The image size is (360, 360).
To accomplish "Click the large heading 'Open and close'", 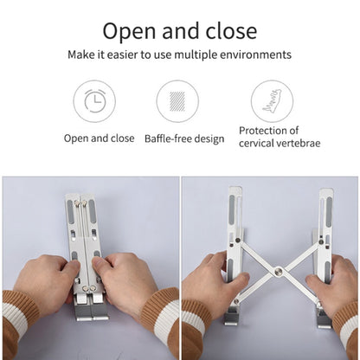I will [x=180, y=31].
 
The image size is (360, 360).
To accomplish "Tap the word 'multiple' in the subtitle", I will [x=213, y=55].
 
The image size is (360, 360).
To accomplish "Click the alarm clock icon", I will [x=93, y=101].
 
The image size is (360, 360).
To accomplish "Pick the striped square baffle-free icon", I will [x=177, y=101].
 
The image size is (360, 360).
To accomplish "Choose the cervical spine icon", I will [x=272, y=101].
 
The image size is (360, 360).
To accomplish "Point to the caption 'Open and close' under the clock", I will [x=99, y=138].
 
